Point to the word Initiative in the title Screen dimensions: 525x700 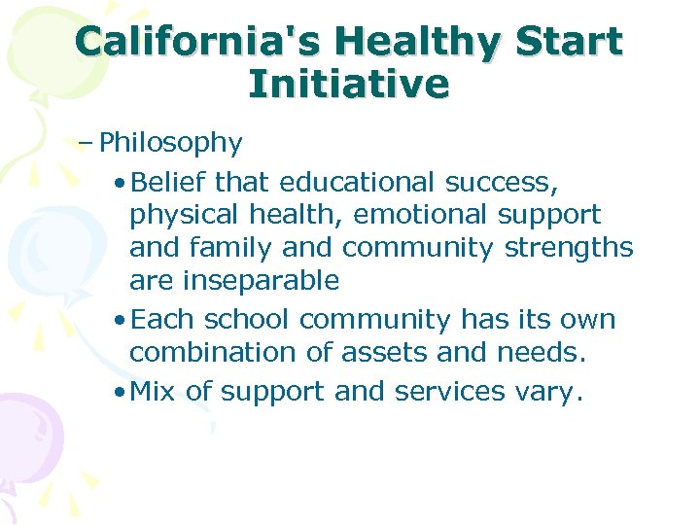(x=349, y=85)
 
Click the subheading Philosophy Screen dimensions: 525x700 (x=171, y=144)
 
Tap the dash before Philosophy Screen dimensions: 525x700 (x=87, y=143)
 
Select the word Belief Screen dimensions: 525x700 (x=169, y=182)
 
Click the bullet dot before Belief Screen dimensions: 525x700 (x=118, y=184)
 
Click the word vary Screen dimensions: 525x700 (x=555, y=392)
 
